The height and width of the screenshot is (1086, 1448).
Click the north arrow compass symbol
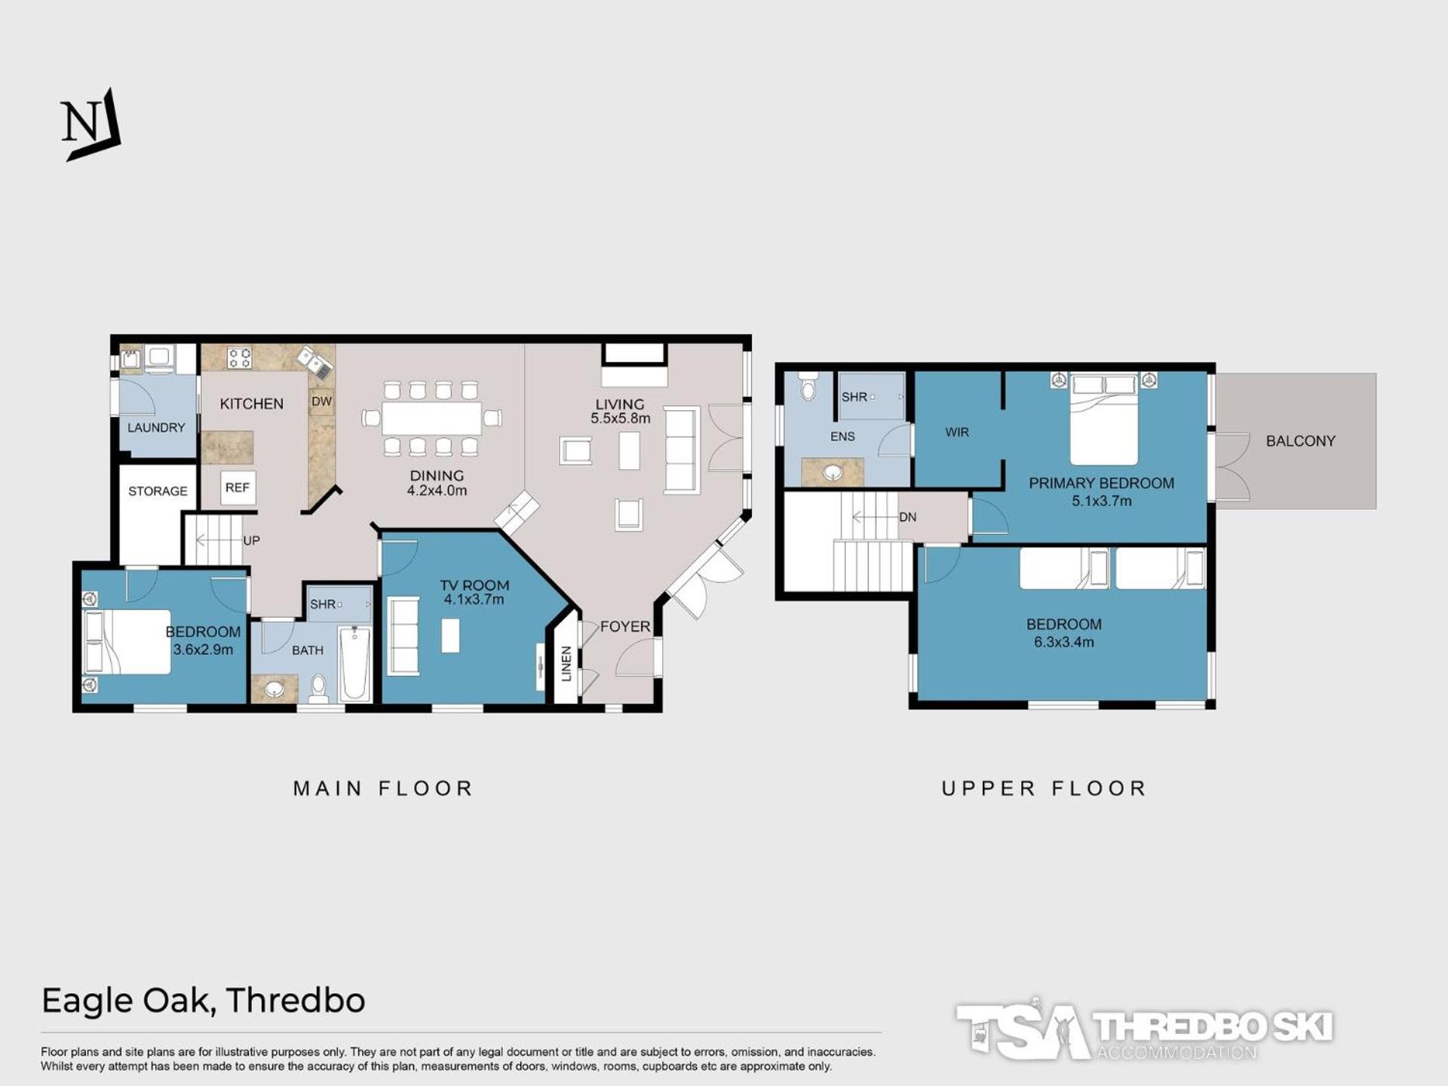[90, 124]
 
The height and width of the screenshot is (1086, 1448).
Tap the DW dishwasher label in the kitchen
[322, 401]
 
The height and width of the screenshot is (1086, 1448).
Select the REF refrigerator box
[238, 488]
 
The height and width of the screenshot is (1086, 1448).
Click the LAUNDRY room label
[156, 428]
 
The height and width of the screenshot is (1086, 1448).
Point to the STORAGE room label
[158, 491]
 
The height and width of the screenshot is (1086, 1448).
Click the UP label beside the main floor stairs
[251, 541]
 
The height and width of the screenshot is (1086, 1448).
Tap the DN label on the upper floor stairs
[908, 517]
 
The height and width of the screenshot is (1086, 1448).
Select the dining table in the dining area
[432, 419]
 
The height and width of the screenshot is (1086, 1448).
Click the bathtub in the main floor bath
[354, 664]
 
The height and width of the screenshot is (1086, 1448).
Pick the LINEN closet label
[566, 664]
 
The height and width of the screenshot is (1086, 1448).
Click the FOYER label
[625, 627]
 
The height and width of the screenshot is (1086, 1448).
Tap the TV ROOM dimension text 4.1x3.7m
[474, 600]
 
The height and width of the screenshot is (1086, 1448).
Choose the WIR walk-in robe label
[957, 432]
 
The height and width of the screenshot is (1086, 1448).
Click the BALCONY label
[1301, 441]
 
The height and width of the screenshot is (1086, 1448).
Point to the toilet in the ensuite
[808, 386]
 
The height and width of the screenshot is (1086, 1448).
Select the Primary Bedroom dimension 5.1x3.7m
[1102, 501]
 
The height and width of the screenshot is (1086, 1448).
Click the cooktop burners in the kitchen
[240, 357]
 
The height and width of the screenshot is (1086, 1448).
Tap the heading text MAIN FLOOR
[383, 789]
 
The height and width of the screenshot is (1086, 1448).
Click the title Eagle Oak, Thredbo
[204, 1001]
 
